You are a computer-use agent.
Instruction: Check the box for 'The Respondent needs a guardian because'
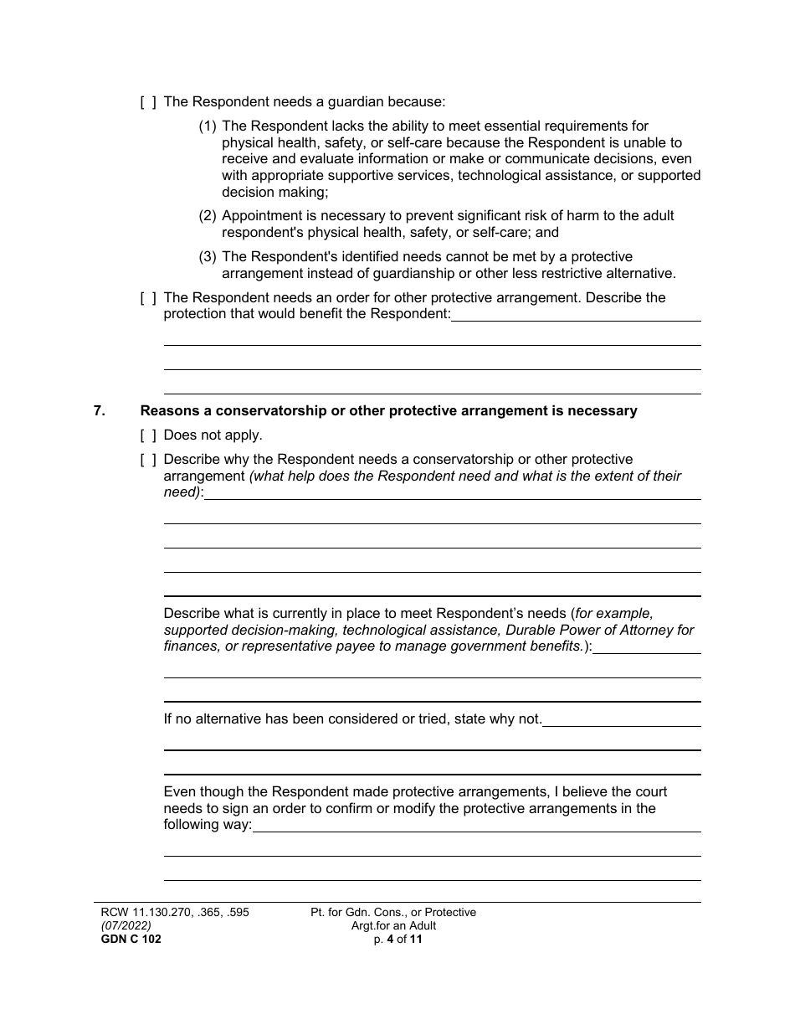[x=148, y=102]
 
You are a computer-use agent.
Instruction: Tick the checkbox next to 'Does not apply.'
[x=148, y=435]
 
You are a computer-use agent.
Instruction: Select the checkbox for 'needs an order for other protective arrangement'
[x=148, y=298]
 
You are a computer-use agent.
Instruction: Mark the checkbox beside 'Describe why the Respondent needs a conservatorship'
[x=148, y=460]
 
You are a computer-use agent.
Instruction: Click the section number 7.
[x=100, y=411]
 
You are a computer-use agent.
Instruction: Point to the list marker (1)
[x=208, y=126]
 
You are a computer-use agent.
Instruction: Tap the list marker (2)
[x=208, y=216]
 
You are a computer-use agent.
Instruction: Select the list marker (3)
[x=208, y=257]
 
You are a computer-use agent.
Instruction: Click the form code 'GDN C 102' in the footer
[x=127, y=940]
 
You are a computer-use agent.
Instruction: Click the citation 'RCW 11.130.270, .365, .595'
[x=171, y=913]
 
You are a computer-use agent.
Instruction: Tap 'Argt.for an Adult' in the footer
[x=393, y=926]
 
